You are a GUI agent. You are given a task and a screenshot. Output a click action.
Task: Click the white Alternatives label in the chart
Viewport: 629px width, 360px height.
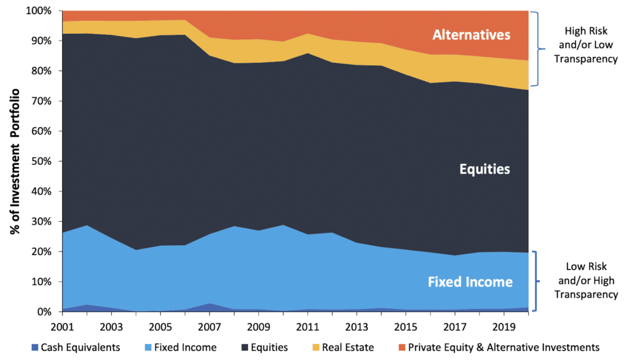point(471,35)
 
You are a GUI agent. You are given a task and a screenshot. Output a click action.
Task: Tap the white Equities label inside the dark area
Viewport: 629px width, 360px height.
point(485,169)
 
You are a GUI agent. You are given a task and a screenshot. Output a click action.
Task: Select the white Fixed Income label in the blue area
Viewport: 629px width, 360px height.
point(470,282)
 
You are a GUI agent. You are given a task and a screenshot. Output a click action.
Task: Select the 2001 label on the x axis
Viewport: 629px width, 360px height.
point(62,325)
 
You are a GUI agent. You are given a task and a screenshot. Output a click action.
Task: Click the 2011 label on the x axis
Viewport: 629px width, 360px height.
point(307,325)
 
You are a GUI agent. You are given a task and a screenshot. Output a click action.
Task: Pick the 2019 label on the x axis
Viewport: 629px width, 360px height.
point(503,325)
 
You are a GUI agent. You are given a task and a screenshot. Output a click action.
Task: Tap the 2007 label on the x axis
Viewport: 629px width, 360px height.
point(209,325)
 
